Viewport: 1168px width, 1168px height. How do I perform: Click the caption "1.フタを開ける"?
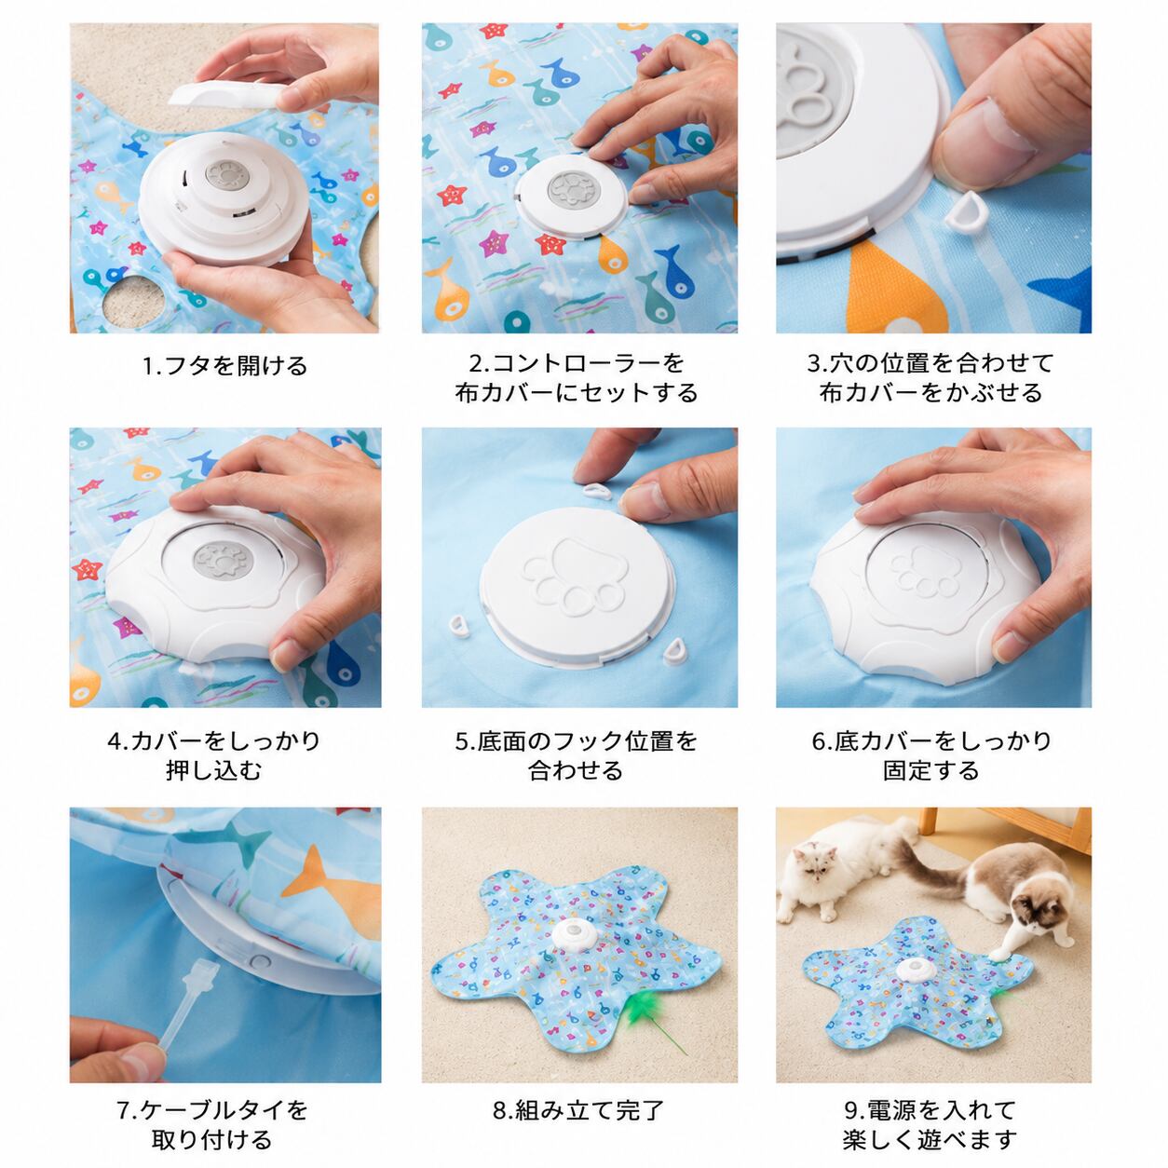(224, 365)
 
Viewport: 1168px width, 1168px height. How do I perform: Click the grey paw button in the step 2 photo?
(572, 189)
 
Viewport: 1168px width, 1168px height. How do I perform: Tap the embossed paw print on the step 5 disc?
(574, 577)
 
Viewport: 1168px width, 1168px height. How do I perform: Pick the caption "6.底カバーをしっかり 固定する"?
(932, 755)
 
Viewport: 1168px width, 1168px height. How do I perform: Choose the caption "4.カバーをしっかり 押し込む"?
(214, 755)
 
